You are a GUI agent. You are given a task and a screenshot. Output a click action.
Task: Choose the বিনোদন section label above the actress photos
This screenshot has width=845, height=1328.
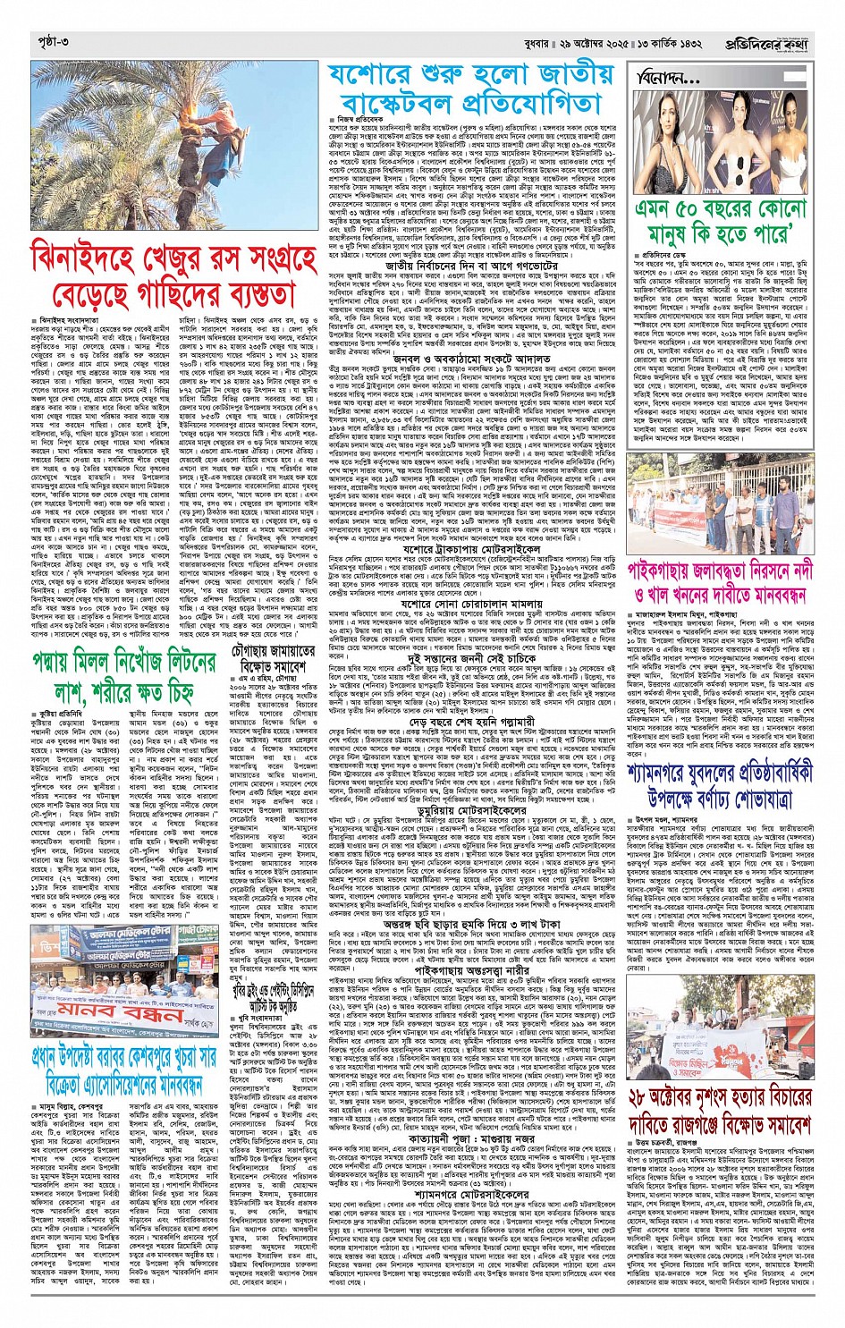click(672, 78)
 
